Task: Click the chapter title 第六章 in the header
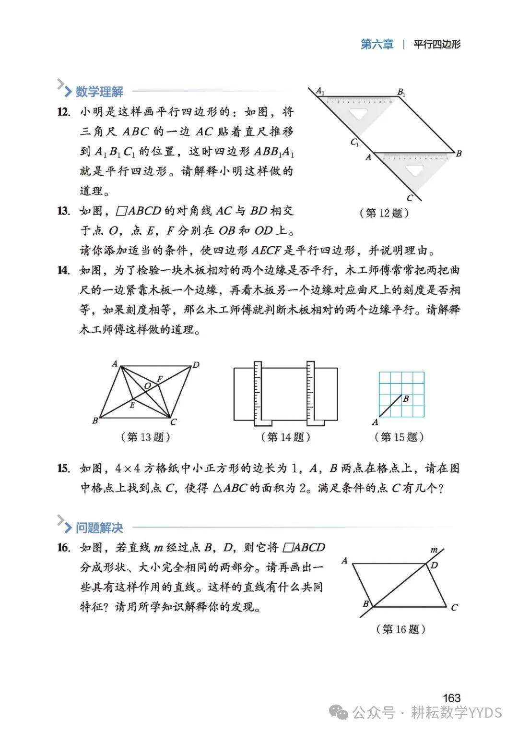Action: click(377, 45)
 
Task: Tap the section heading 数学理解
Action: click(99, 91)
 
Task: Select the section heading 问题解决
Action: click(99, 528)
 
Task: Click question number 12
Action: click(64, 112)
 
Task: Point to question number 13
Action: click(64, 211)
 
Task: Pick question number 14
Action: click(64, 270)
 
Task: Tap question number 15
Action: click(64, 468)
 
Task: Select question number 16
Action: click(64, 548)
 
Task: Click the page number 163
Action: click(451, 698)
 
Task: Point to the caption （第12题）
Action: click(384, 213)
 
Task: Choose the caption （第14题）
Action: click(286, 437)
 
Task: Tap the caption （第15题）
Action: click(399, 437)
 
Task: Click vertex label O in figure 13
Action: click(147, 386)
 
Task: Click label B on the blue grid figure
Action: click(406, 398)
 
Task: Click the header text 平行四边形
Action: click(437, 45)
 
